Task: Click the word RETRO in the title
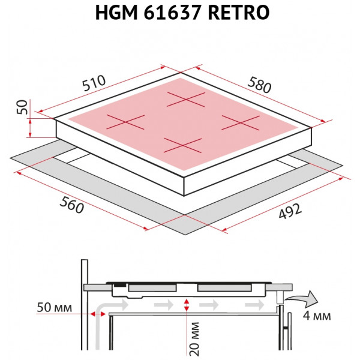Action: point(239,13)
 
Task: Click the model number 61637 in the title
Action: point(173,13)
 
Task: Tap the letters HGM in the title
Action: point(116,13)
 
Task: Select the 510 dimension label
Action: point(94,83)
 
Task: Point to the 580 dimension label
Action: point(259,85)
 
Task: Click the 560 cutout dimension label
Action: point(71,205)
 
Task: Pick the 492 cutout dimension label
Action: point(290,211)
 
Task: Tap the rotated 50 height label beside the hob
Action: point(22,107)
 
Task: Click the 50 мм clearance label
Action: point(55,307)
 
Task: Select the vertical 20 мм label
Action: point(194,338)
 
